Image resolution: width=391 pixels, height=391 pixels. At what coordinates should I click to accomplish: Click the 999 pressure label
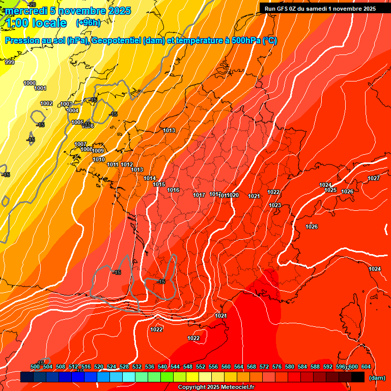[10, 62]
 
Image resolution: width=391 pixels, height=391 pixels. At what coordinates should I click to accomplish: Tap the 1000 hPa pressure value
[30, 83]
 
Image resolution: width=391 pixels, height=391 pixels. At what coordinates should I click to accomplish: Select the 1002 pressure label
[46, 103]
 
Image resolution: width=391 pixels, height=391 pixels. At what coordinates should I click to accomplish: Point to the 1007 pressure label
[80, 144]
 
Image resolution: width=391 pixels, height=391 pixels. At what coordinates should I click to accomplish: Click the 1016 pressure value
[173, 190]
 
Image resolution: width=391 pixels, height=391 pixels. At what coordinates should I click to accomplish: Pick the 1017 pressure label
[199, 195]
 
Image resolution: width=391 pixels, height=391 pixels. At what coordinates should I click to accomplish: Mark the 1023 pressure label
[275, 205]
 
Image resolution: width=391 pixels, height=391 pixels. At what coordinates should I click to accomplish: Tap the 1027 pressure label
[374, 178]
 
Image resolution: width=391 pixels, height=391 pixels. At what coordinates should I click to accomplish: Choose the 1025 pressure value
[330, 190]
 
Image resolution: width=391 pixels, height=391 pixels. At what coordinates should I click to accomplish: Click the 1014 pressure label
[150, 178]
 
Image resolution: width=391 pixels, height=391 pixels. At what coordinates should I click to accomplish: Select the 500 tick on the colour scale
[35, 367]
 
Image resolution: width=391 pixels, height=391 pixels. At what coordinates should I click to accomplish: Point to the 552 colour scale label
[201, 367]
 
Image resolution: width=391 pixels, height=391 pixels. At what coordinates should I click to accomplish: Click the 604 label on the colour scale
[366, 367]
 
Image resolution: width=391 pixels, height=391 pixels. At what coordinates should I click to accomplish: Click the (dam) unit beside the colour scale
[377, 377]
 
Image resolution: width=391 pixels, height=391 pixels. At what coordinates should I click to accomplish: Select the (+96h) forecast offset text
[88, 22]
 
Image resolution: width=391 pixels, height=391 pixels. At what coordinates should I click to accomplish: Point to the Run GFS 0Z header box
[319, 8]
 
